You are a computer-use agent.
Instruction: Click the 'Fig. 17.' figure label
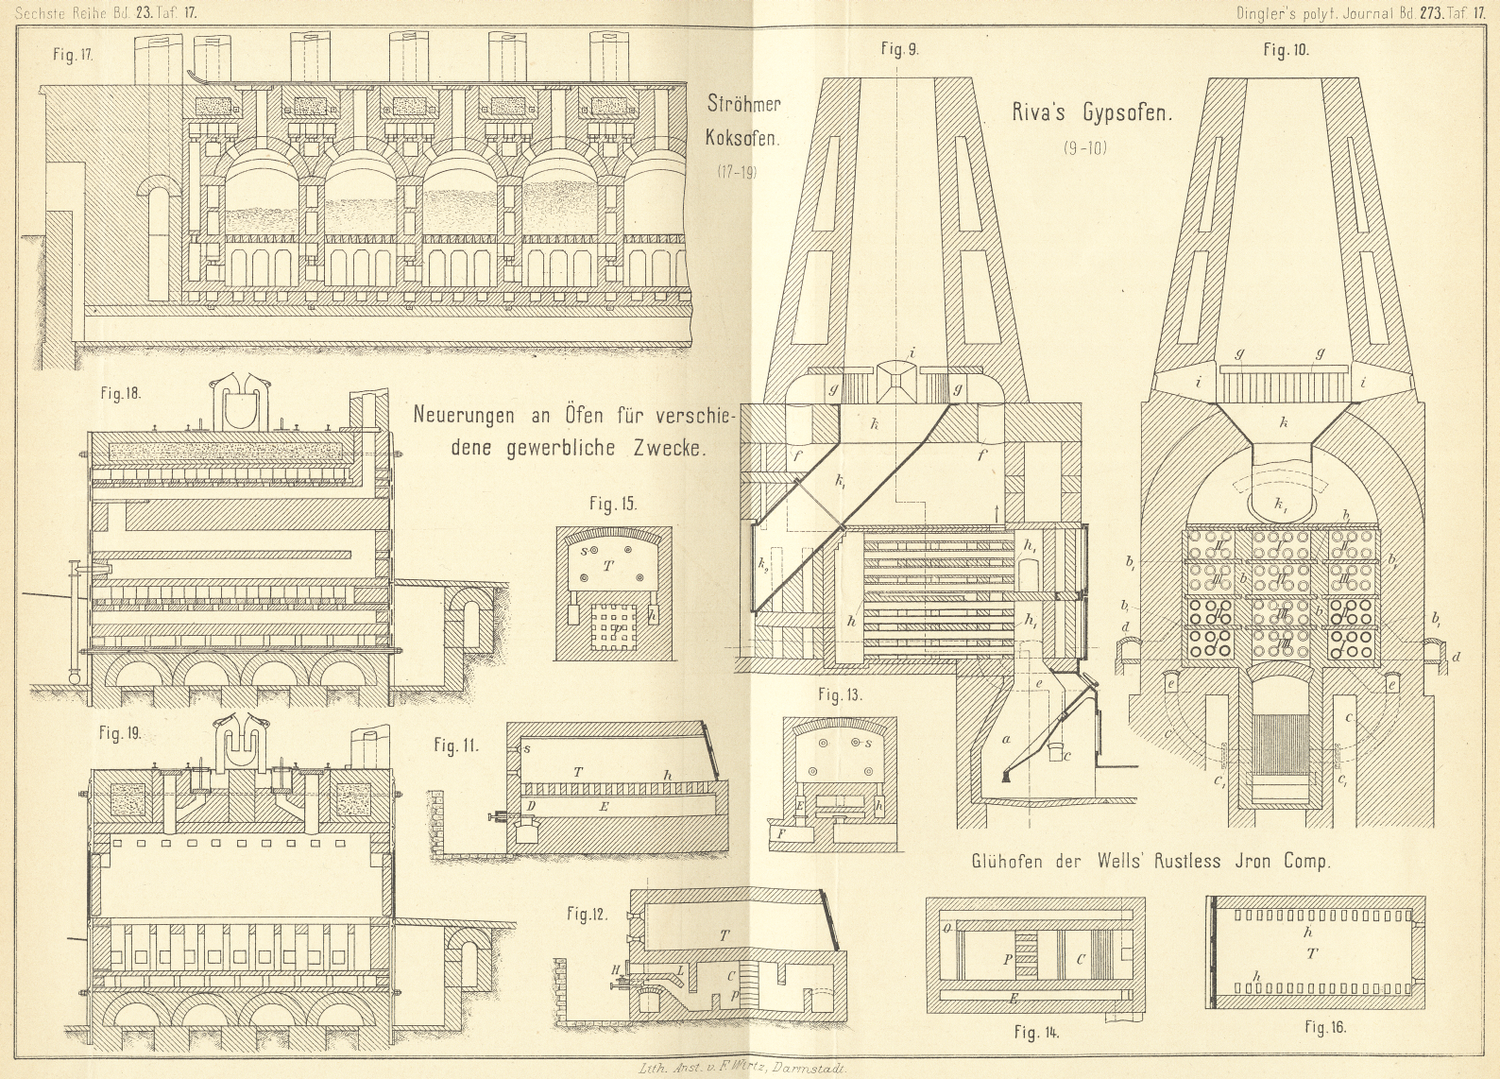tap(72, 55)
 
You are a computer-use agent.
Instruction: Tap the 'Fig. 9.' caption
tap(899, 50)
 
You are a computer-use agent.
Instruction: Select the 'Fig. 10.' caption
tap(1286, 51)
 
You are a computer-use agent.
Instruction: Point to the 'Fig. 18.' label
tap(121, 393)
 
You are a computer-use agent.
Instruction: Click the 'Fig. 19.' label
tap(120, 733)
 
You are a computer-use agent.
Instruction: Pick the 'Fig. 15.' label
tap(613, 504)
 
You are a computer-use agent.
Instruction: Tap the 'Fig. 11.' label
tap(456, 745)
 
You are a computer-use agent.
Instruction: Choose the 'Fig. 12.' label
tap(587, 914)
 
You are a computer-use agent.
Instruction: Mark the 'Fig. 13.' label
tap(841, 695)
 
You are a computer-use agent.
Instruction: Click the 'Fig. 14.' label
tap(1036, 1032)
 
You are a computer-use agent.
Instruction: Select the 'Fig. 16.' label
tap(1324, 1027)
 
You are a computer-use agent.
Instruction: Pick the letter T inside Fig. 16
tap(1311, 954)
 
